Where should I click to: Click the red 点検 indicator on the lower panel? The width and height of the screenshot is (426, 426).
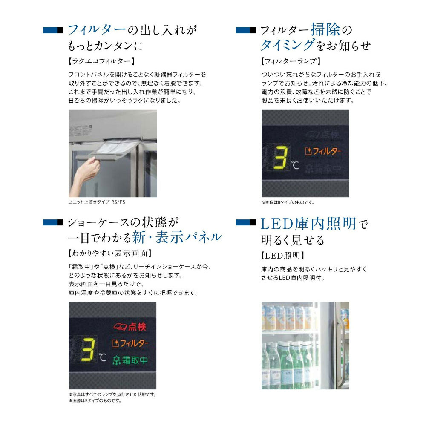[x=130, y=327]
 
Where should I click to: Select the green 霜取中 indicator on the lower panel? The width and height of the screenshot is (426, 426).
[x=130, y=360]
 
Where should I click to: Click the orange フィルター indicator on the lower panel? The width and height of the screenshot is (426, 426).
[x=130, y=343]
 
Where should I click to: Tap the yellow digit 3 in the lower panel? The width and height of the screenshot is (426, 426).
[x=88, y=350]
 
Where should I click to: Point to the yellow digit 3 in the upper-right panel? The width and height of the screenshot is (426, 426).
[x=281, y=158]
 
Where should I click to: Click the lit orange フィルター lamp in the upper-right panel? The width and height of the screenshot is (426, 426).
[x=323, y=151]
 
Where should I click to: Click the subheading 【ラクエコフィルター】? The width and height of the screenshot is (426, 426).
[x=102, y=61]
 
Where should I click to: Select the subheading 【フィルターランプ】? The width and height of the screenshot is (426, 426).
[x=291, y=61]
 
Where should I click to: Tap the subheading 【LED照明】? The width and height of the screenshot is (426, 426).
[x=282, y=255]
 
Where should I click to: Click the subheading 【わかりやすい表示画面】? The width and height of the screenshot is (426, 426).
[x=110, y=253]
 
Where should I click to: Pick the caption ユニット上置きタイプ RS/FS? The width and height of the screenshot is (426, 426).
[x=97, y=202]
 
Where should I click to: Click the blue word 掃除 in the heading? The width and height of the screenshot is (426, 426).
[x=325, y=29]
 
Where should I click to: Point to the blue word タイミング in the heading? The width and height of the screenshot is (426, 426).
[x=288, y=45]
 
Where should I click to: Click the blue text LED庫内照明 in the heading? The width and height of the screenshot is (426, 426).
[x=308, y=224]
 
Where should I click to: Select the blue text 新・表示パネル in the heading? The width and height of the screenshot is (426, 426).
[x=177, y=237]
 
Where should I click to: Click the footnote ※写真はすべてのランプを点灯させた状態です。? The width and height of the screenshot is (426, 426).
[x=112, y=394]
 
